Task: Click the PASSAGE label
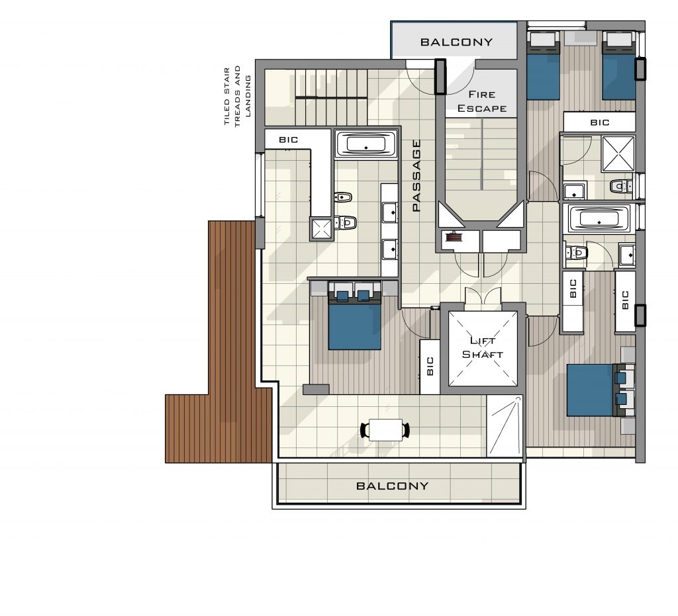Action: [x=416, y=175]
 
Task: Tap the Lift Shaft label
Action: [x=483, y=348]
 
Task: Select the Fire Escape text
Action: [x=482, y=101]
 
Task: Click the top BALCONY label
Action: [x=457, y=42]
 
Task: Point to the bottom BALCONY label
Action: [x=392, y=486]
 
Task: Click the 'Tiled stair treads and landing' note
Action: [x=237, y=96]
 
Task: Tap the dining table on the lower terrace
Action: [x=386, y=430]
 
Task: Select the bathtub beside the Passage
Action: [x=365, y=144]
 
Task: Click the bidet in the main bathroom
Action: [x=344, y=197]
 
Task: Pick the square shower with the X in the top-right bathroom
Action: [x=618, y=154]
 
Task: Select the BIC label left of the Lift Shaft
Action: [x=430, y=366]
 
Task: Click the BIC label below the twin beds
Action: [x=600, y=122]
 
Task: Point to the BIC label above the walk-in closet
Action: [x=289, y=140]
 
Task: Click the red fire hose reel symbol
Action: [x=454, y=236]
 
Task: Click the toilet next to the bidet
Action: [x=345, y=222]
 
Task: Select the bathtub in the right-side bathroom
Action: [x=599, y=218]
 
